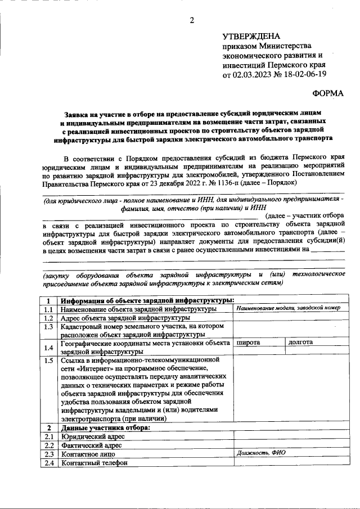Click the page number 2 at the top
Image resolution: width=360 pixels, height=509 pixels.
click(192, 21)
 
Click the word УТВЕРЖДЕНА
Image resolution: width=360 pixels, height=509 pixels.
click(251, 35)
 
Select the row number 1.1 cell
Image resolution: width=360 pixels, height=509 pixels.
click(49, 309)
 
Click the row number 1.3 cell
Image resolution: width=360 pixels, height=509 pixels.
click(49, 327)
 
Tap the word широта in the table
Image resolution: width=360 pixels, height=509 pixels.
click(248, 341)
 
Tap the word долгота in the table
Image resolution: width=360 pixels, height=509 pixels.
click(301, 341)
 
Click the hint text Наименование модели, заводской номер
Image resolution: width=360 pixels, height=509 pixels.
click(288, 308)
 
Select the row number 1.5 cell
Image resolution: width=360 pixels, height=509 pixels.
click(49, 361)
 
